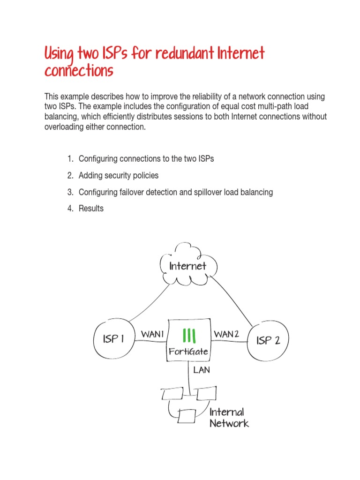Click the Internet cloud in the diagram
click(x=187, y=266)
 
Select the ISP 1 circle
click(x=113, y=339)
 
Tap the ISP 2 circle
click(x=268, y=340)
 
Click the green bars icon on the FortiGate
click(x=189, y=336)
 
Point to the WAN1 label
click(x=152, y=334)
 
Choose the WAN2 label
click(x=226, y=334)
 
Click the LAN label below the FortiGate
click(x=202, y=370)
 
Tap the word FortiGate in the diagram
click(x=188, y=351)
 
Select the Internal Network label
click(x=228, y=418)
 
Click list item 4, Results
click(x=91, y=209)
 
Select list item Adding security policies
click(x=119, y=175)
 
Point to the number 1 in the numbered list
click(x=70, y=158)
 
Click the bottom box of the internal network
click(x=187, y=416)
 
